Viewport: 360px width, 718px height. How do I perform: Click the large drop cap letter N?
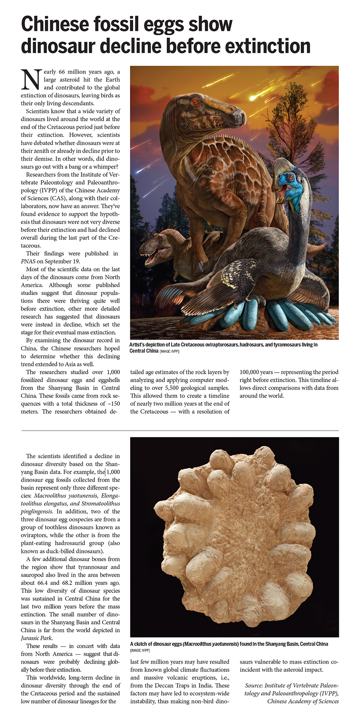click(31, 80)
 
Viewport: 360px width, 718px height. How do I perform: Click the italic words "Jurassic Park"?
click(37, 638)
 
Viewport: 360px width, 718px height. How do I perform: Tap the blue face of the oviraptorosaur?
click(286, 182)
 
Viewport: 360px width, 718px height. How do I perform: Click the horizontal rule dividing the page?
click(180, 431)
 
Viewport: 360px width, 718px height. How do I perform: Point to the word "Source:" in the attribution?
click(254, 686)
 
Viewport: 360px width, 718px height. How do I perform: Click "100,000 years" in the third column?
click(256, 372)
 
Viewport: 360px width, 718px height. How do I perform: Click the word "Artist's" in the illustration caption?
click(139, 345)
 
